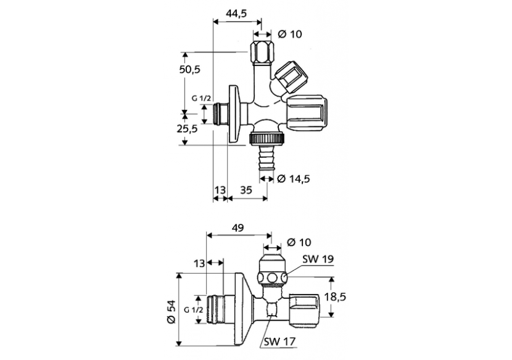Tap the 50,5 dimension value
tap(190, 69)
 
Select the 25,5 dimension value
tap(188, 128)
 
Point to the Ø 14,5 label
tap(293, 179)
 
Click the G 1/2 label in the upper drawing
tap(201, 98)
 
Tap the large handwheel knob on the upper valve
tap(305, 113)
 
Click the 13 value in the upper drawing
tap(219, 191)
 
